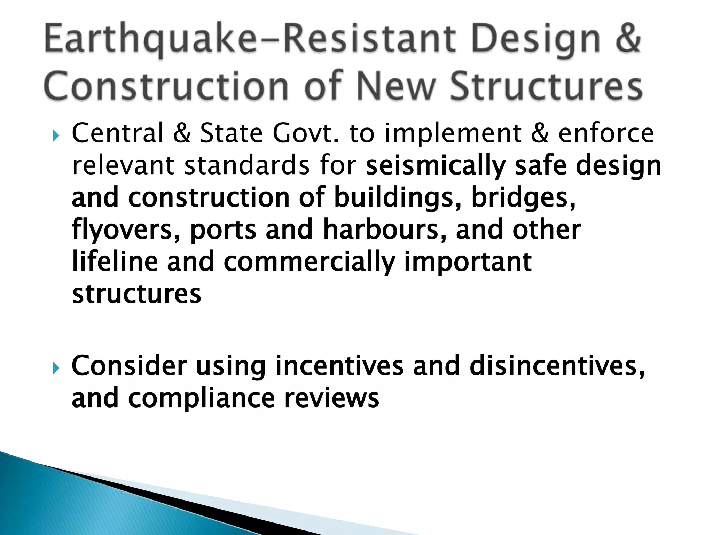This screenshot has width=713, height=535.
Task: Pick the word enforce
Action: point(606,133)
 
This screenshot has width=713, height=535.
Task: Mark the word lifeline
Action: point(115,262)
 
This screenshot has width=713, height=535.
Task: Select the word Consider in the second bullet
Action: point(129,366)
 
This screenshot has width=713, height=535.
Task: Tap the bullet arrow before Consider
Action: point(56,367)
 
